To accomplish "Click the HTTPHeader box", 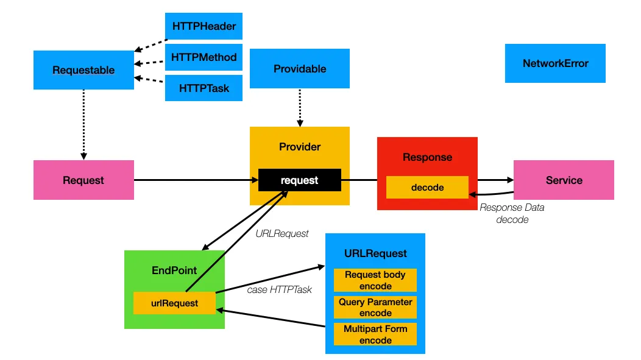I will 204,26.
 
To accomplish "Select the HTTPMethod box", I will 204,57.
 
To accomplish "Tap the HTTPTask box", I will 204,88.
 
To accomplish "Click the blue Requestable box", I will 83,70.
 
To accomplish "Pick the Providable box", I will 300,69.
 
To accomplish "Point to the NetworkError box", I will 555,63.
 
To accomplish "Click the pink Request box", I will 83,180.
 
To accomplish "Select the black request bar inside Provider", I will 299,180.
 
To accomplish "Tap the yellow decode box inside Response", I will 427,188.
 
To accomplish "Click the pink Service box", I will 564,180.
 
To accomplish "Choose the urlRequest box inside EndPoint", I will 174,303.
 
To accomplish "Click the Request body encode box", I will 375,280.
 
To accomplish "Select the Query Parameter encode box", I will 375,308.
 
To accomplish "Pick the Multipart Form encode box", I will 375,334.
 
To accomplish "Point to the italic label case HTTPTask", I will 279,290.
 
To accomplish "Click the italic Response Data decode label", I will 512,213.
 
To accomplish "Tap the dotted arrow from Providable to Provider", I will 300,107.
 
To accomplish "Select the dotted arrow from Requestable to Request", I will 83,125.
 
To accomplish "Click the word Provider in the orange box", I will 300,147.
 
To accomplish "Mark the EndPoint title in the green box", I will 174,270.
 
